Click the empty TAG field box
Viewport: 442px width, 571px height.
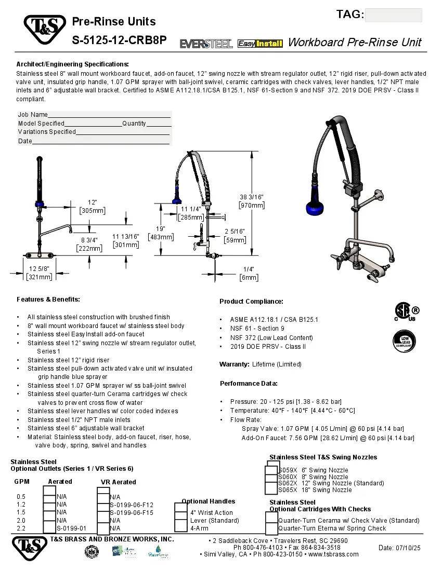pyautogui.click(x=393, y=15)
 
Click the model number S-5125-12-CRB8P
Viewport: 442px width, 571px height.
pyautogui.click(x=119, y=40)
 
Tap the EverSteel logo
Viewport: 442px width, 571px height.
pyautogui.click(x=206, y=44)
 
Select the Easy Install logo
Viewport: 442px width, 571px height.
pyautogui.click(x=260, y=44)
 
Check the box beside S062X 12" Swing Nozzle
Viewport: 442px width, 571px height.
pyautogui.click(x=271, y=483)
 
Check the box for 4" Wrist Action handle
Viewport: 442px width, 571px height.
pyautogui.click(x=180, y=513)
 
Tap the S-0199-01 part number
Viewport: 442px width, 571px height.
pyautogui.click(x=71, y=528)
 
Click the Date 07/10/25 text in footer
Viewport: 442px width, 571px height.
pyautogui.click(x=399, y=548)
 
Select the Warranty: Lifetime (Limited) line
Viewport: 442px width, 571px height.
pyautogui.click(x=260, y=364)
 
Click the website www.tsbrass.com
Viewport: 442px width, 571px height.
pyautogui.click(x=333, y=554)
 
